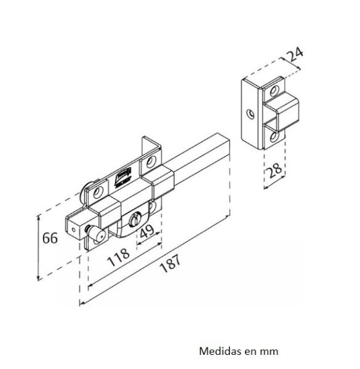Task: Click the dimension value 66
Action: (50, 238)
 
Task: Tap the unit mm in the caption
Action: (270, 351)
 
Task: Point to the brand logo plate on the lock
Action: (122, 177)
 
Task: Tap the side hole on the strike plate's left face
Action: (250, 113)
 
